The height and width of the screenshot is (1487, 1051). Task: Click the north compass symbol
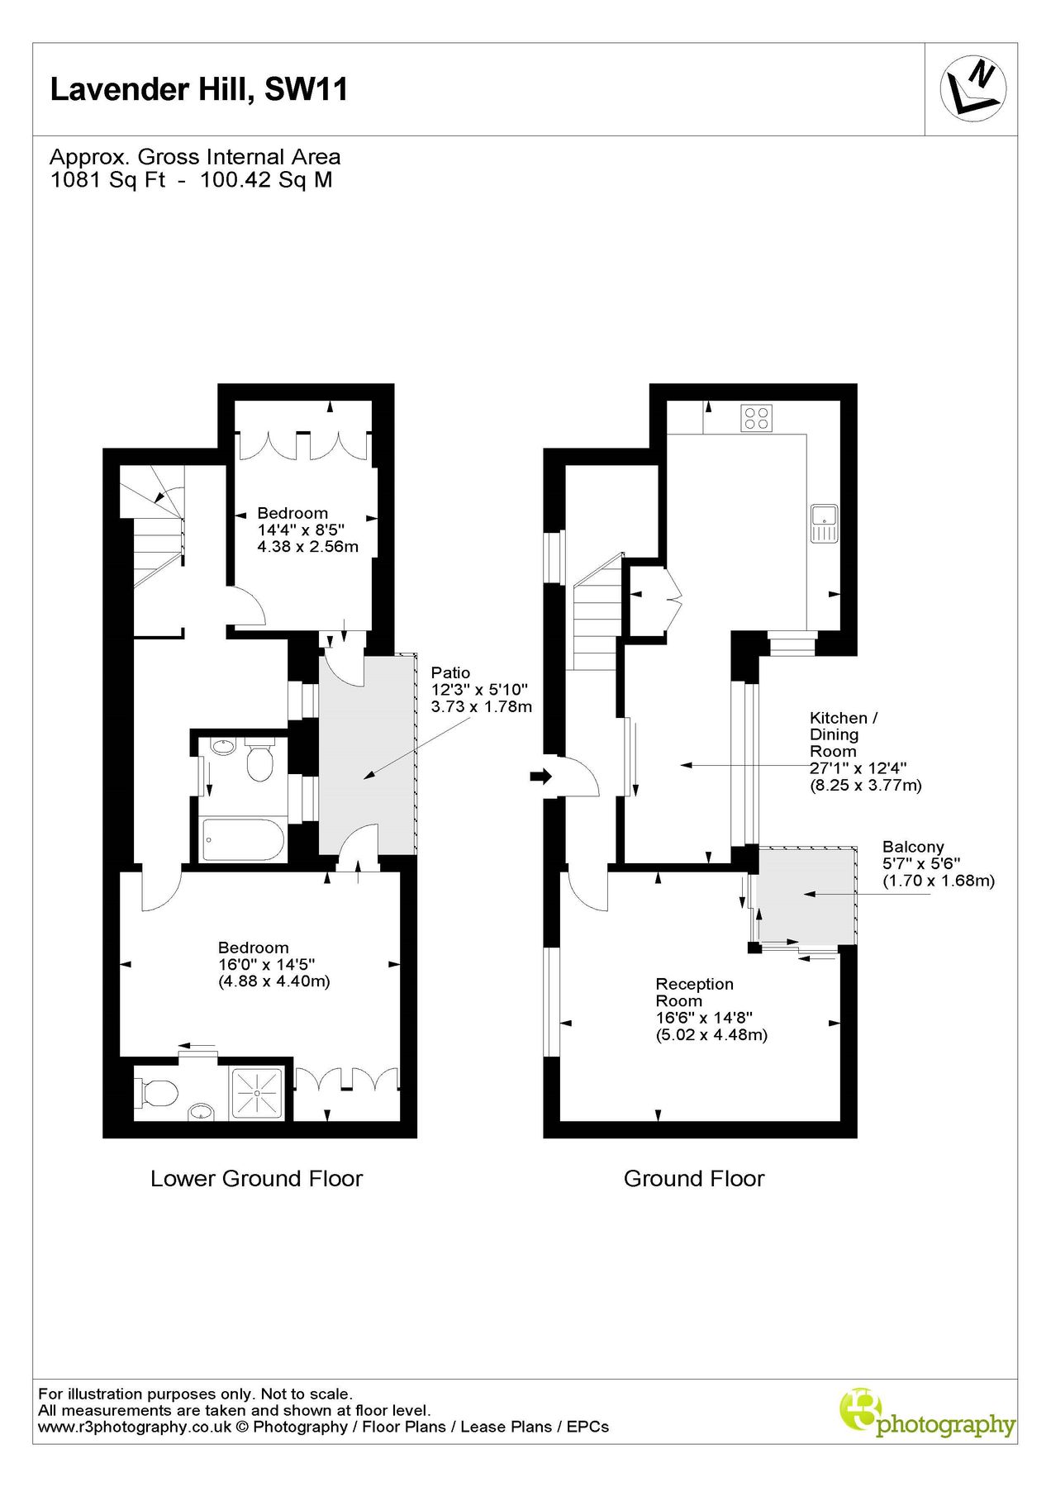tap(973, 88)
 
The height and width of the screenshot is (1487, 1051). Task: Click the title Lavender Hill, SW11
tap(199, 89)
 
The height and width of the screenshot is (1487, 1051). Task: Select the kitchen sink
tap(824, 523)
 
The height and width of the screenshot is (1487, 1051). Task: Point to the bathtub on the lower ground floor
tap(243, 840)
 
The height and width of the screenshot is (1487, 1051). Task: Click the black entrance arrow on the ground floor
tap(540, 777)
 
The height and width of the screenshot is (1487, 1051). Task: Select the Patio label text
tap(450, 672)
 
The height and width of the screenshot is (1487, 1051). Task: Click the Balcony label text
tap(912, 847)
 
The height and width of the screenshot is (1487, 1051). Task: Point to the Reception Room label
tap(694, 992)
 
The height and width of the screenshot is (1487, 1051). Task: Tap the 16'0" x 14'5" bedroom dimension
tap(266, 964)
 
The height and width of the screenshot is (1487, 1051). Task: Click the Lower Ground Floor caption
tap(256, 1179)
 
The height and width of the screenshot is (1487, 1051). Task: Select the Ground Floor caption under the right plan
tap(694, 1179)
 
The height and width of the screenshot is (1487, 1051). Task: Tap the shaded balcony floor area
tap(806, 895)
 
